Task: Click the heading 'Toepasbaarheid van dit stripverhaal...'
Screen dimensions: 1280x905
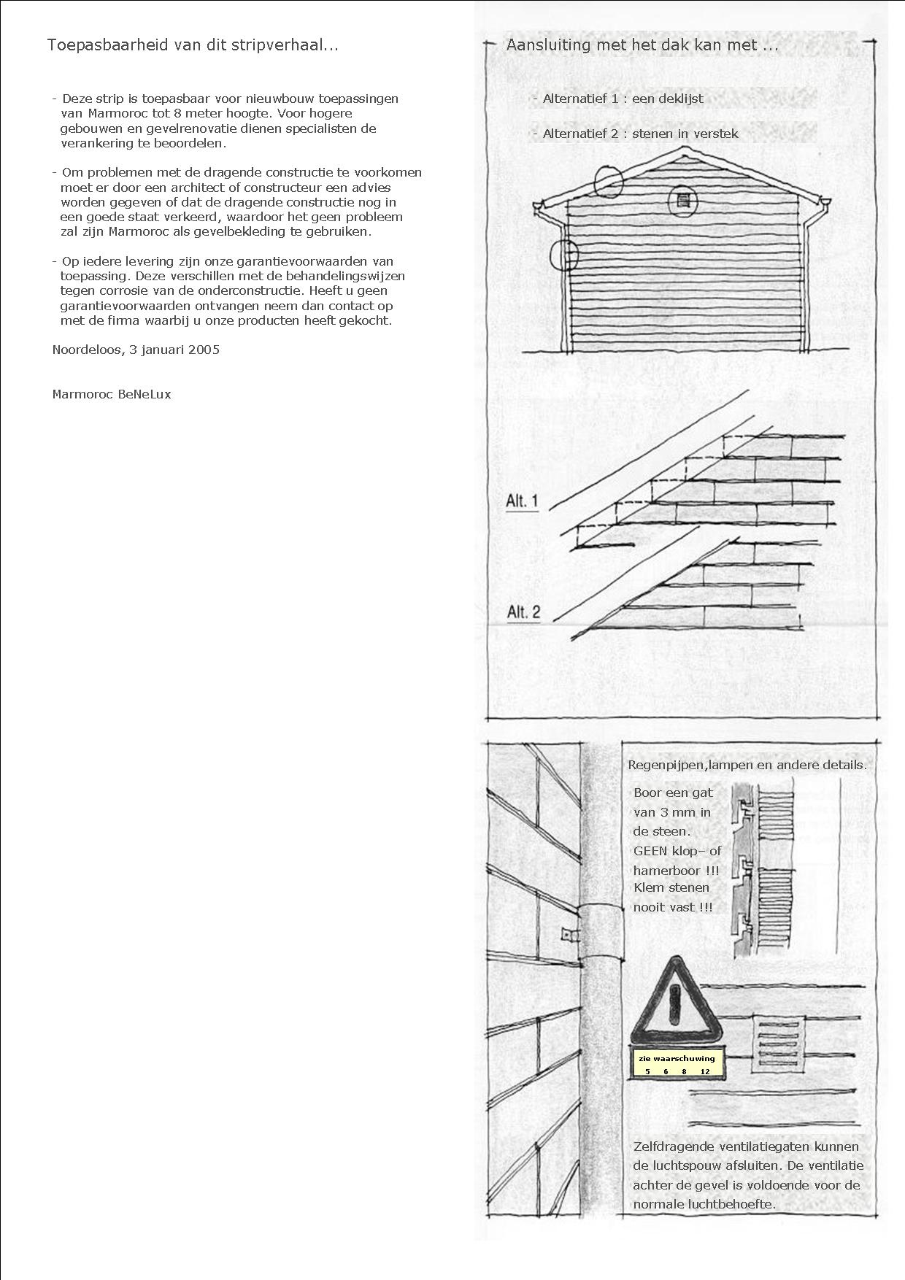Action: click(x=193, y=45)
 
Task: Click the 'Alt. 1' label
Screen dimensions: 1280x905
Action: click(x=522, y=501)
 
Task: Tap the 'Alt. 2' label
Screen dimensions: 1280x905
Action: click(x=523, y=612)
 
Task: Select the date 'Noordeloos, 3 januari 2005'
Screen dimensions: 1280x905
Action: click(x=136, y=350)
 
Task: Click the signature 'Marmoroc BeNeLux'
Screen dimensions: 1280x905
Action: click(x=112, y=394)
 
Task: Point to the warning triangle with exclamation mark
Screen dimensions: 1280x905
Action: click(x=677, y=1004)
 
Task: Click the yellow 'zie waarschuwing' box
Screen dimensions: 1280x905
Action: click(x=677, y=1064)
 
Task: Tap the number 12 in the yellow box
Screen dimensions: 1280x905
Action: click(x=704, y=1071)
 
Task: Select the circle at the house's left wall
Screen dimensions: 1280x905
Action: click(x=563, y=255)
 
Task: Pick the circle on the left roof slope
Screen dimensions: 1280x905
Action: click(x=608, y=182)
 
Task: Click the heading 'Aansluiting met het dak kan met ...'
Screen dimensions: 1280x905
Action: click(x=642, y=45)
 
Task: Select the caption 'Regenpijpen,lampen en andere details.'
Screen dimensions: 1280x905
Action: click(x=747, y=766)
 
